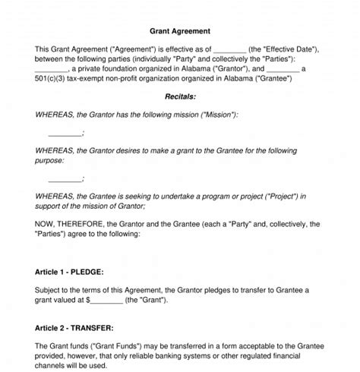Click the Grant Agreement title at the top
pos(180,31)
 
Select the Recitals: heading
pos(180,96)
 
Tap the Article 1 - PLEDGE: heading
pos(69,271)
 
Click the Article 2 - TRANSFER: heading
pos(74,328)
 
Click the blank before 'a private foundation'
pos(51,69)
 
